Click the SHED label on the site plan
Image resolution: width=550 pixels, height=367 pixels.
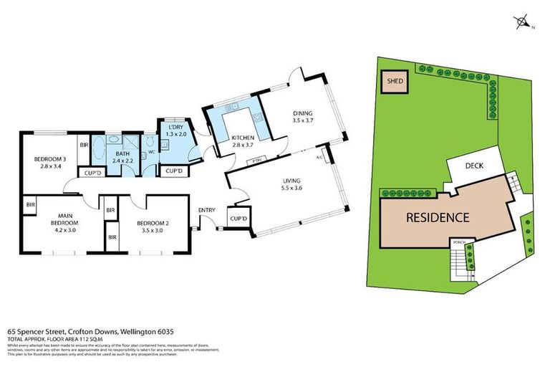395,82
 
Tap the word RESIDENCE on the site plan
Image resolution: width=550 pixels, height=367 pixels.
438,217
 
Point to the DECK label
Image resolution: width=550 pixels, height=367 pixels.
475,166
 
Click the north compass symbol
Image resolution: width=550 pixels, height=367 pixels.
523,22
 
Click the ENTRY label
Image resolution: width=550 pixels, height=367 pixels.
207,209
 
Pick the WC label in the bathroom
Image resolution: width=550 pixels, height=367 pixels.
151,151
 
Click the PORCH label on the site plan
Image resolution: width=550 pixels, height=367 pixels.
459,242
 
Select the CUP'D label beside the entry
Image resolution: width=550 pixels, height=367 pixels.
238,218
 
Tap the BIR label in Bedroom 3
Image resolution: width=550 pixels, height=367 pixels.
84,145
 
